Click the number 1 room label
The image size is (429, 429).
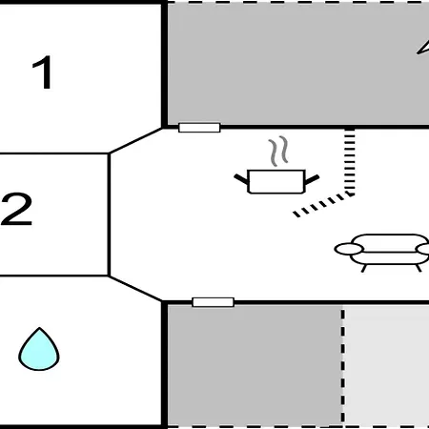[x=43, y=72]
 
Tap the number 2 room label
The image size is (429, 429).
[x=17, y=209]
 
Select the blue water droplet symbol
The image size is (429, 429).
[x=39, y=349]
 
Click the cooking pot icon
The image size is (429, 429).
[x=276, y=181]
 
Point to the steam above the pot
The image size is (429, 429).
[x=278, y=152]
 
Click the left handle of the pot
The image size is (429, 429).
[x=241, y=179]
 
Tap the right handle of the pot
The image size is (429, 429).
[x=312, y=179]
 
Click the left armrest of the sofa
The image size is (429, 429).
[x=349, y=249]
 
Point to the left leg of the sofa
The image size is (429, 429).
[x=364, y=268]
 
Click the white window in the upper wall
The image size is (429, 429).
[x=199, y=128]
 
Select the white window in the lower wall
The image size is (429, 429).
[x=214, y=302]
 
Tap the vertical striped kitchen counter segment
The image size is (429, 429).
[x=350, y=161]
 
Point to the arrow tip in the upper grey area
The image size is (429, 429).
[x=418, y=53]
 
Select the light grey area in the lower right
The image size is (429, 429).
[x=387, y=365]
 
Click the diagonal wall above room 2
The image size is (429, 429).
[x=135, y=141]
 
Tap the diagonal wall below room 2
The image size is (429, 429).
[x=135, y=288]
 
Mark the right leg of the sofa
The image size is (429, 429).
[x=419, y=268]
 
